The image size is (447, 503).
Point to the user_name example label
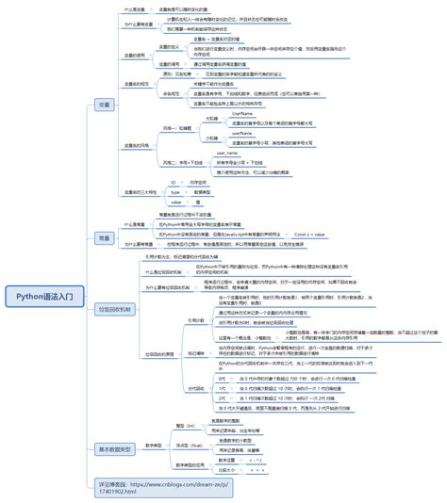[x=227, y=152]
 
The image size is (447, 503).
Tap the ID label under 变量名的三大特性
[x=174, y=181]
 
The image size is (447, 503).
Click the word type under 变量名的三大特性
[x=175, y=191]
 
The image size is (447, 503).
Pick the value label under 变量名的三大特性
[x=175, y=202]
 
